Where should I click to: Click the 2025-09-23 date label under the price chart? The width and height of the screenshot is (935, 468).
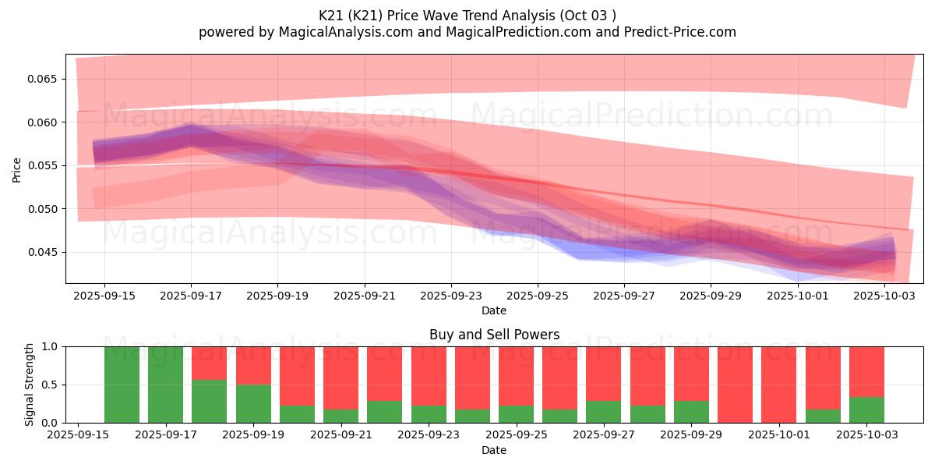coord(451,296)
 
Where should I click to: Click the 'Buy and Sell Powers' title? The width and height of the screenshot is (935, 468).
coord(494,335)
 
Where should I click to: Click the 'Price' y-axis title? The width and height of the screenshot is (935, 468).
coord(17,169)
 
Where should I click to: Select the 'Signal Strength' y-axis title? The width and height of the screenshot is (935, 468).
coord(30,385)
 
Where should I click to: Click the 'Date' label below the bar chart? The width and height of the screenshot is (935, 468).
coord(494,450)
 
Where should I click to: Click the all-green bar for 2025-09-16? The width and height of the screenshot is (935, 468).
coord(122,385)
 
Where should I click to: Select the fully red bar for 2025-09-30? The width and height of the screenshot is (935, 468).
coord(735,385)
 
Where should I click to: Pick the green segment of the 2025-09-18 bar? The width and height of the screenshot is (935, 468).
coord(210,401)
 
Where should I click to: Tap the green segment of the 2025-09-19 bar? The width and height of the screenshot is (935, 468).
coord(253,403)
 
